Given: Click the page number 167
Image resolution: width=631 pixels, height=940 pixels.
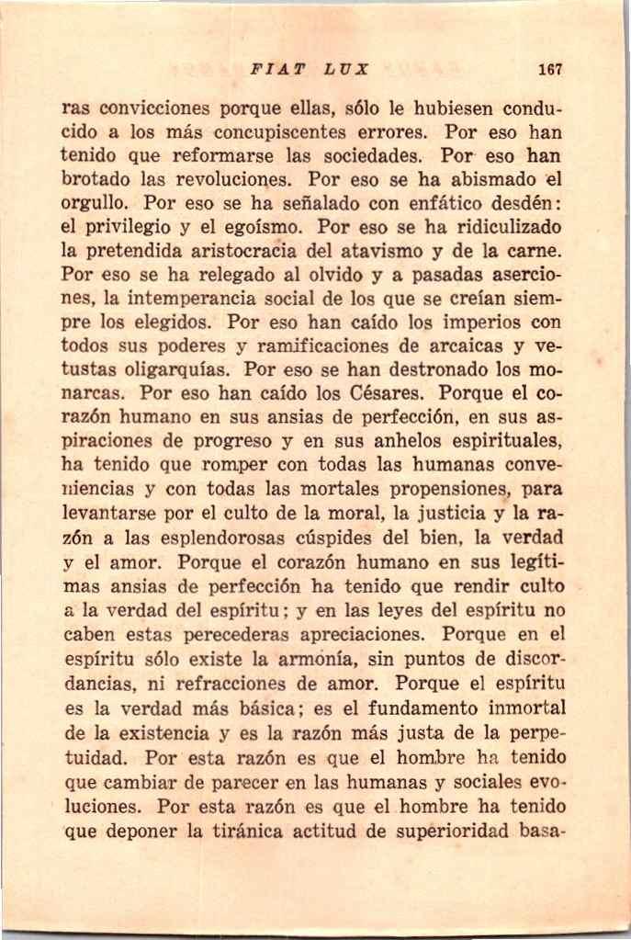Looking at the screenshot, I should [550, 69].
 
